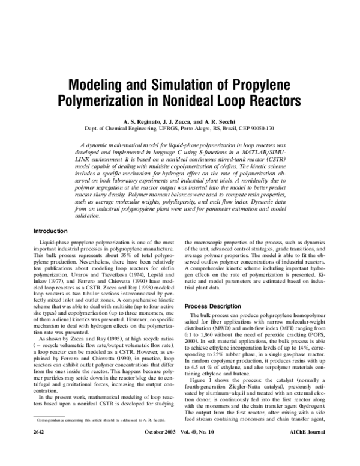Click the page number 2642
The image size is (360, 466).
point(41,450)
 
